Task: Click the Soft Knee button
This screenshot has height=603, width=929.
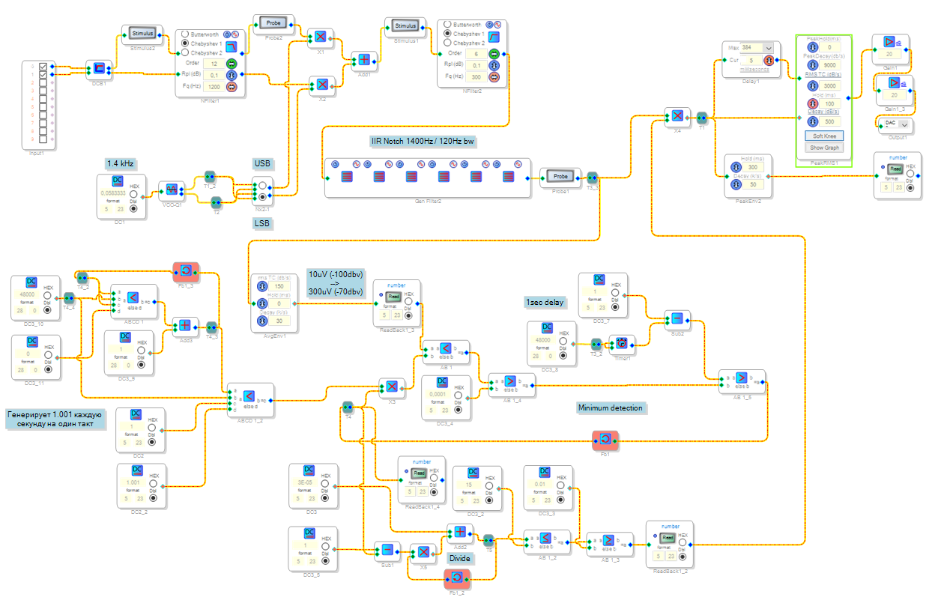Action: pyautogui.click(x=823, y=136)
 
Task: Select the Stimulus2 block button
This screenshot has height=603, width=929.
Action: pyautogui.click(x=142, y=34)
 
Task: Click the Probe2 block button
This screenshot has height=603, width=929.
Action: pyautogui.click(x=273, y=22)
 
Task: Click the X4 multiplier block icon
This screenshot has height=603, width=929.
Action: pyautogui.click(x=677, y=116)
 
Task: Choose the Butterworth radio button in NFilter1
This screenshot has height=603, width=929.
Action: pyautogui.click(x=185, y=34)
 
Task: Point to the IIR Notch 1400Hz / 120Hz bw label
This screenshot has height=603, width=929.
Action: pyautogui.click(x=423, y=141)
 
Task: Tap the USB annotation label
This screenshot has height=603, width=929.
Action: pyautogui.click(x=262, y=163)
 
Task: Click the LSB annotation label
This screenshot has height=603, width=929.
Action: pyautogui.click(x=262, y=223)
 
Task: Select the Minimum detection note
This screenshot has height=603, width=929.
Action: pyautogui.click(x=611, y=408)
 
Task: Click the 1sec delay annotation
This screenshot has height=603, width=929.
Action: pyautogui.click(x=544, y=303)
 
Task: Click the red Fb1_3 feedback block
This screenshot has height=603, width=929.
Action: pyautogui.click(x=185, y=270)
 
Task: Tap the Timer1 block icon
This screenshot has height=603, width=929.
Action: pyautogui.click(x=621, y=344)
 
